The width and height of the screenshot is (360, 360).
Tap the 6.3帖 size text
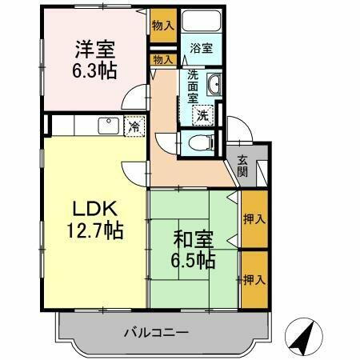(x=95, y=70)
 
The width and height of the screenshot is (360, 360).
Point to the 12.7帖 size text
(x=95, y=231)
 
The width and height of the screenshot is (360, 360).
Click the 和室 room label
(x=192, y=238)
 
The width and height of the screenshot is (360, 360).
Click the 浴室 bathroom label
(x=200, y=49)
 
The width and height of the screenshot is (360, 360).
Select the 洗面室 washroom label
(x=193, y=86)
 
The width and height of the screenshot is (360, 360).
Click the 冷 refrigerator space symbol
(x=134, y=126)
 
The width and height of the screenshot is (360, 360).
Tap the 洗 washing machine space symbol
(x=203, y=114)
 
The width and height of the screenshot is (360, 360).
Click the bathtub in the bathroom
(x=202, y=23)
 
